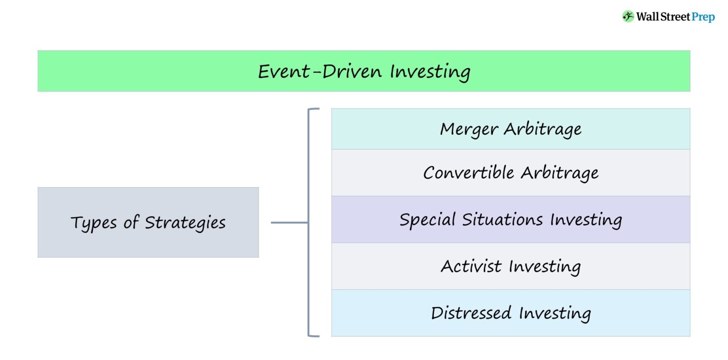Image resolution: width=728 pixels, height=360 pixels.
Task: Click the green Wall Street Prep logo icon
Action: [x=628, y=17]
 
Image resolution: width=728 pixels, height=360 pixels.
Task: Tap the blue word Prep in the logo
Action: [x=703, y=17]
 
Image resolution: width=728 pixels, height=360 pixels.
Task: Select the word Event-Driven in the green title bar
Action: [x=320, y=72]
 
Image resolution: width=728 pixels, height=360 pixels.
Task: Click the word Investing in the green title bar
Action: [x=430, y=72]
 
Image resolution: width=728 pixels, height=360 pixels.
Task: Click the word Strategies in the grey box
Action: [x=185, y=223]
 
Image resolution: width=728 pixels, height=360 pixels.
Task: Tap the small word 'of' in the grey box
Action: [x=131, y=223]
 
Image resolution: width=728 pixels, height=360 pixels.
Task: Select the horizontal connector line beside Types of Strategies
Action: [x=289, y=222]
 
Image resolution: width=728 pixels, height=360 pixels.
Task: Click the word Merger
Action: [x=469, y=129]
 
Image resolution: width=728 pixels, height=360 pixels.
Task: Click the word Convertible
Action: [x=469, y=172]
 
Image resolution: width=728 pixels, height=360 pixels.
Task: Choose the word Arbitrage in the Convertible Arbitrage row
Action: [x=559, y=173]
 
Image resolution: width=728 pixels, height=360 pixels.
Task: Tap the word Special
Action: [x=428, y=220]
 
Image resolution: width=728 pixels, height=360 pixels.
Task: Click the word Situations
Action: [x=502, y=220]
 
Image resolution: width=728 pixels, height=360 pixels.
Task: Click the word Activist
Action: [x=471, y=266]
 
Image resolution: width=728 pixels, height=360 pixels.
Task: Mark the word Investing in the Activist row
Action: [x=545, y=267]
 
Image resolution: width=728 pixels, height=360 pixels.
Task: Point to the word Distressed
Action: [x=471, y=313]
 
